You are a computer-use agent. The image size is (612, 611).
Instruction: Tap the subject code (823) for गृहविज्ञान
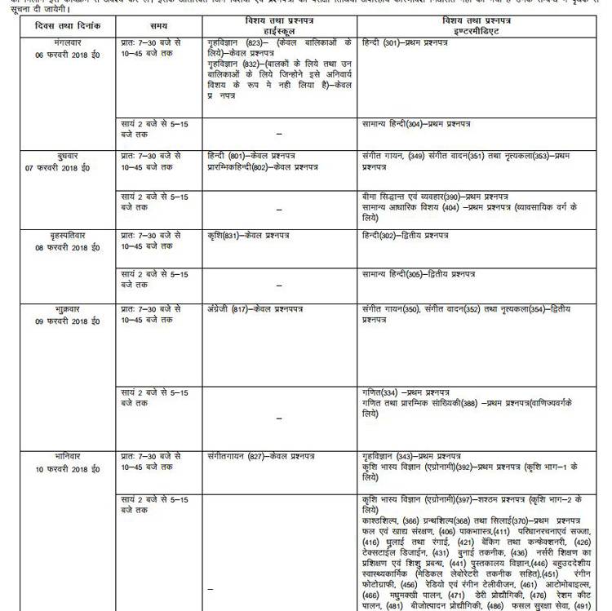pos(259,41)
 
